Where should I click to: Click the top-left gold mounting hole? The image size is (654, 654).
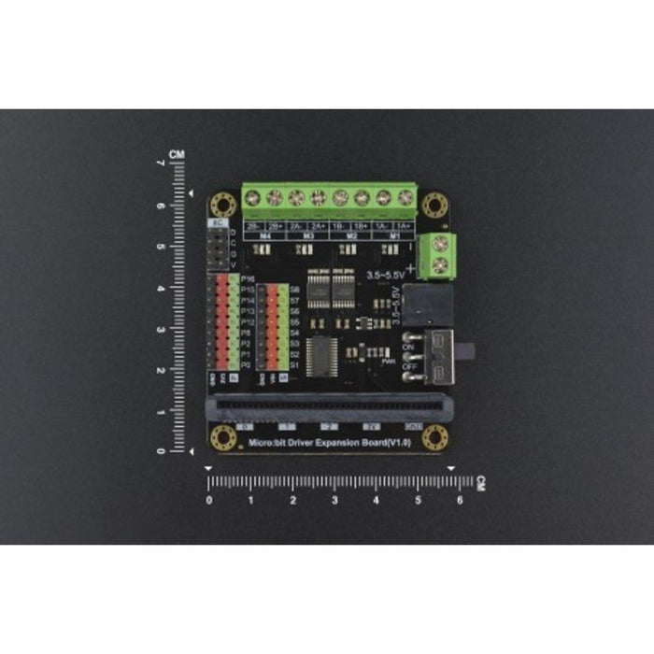[x=222, y=204]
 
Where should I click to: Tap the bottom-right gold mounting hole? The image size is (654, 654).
[x=434, y=436]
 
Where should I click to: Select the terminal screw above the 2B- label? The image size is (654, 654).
[x=252, y=198]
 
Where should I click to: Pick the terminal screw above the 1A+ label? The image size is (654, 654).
[x=405, y=198]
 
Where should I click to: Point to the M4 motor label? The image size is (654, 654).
[x=264, y=236]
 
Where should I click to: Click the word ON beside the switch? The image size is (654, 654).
[x=407, y=346]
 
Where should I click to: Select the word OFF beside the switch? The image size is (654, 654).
[x=407, y=366]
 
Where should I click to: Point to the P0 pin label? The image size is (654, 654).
[x=245, y=364]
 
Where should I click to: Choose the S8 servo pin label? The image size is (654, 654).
[x=294, y=290]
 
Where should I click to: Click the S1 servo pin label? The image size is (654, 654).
[x=294, y=364]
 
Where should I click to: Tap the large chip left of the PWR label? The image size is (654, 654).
[x=321, y=353]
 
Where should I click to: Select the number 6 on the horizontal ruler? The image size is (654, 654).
[x=460, y=500]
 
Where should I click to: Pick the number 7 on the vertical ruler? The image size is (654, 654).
[x=161, y=164]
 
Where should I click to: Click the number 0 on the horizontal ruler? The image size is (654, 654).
[x=208, y=500]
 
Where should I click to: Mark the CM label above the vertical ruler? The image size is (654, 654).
[x=177, y=154]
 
